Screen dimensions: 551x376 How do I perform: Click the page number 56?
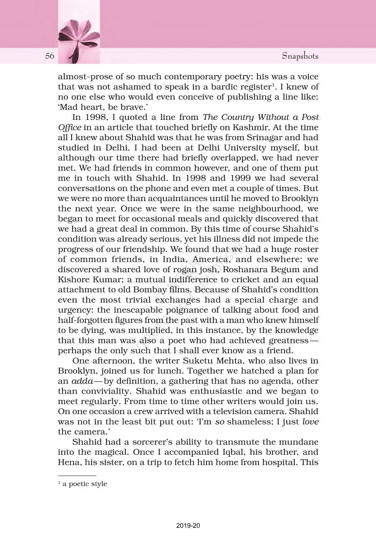click(50, 56)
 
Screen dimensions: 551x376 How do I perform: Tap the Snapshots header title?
click(300, 56)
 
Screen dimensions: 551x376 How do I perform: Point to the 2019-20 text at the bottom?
click(188, 525)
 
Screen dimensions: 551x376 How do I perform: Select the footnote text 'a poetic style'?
click(85, 484)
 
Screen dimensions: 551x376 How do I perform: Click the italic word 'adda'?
click(82, 381)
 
